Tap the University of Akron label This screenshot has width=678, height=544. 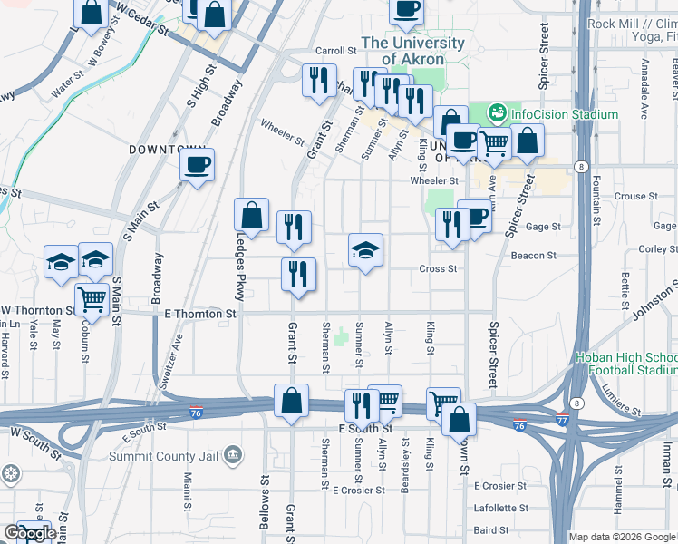[412, 51]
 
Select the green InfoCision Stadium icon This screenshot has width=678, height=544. [497, 114]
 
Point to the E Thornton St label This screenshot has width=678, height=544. [200, 314]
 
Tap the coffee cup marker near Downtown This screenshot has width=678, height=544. [197, 165]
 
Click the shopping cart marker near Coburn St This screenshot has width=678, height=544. [92, 298]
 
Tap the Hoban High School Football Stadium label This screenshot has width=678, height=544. [625, 364]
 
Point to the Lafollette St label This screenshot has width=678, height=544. [500, 508]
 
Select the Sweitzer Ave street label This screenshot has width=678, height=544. [169, 361]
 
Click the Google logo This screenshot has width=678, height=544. [29, 534]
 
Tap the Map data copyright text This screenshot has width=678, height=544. [622, 537]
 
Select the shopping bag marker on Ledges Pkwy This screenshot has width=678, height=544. [251, 216]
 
